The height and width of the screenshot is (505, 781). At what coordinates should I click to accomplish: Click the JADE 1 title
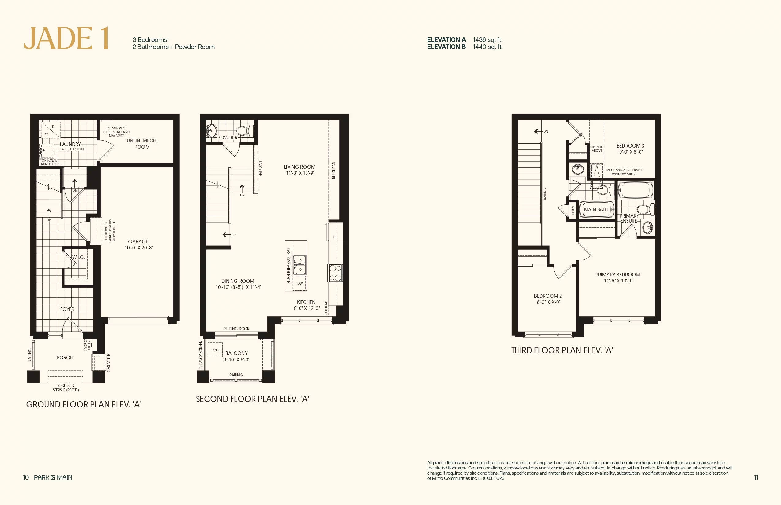pos(66,38)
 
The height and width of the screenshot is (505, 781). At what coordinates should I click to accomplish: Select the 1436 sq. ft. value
pos(488,40)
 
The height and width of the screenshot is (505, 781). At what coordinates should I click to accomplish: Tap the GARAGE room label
pos(138,241)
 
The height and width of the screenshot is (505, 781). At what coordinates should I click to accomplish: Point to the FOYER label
pos(67,309)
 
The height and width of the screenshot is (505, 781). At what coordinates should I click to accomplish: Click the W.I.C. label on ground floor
pos(78,257)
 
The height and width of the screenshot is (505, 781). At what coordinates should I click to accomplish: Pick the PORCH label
pos(65,357)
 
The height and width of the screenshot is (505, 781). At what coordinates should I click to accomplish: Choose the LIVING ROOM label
pos(300,167)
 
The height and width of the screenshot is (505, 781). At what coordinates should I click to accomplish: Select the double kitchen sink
pos(299,265)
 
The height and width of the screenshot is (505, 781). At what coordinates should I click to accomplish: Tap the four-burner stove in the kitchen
pos(335,273)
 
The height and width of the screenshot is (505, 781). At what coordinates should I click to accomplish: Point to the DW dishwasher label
pos(300,283)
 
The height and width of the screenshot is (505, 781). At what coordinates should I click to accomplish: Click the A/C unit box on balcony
pos(215,350)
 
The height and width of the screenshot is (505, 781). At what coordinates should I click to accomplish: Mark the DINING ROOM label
pos(238,281)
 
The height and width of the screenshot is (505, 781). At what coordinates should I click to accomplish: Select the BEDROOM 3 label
pos(630,146)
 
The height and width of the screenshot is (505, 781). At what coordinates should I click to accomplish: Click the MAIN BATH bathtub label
pos(596,210)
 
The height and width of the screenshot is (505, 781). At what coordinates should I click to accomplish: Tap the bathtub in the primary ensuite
pos(636,189)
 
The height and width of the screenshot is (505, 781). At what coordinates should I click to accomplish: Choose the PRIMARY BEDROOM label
pos(617,275)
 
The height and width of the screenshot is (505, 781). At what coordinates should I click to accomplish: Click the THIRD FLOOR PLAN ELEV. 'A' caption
pos(562,350)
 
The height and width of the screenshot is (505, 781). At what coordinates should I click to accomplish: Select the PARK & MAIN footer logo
pos(53,477)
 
